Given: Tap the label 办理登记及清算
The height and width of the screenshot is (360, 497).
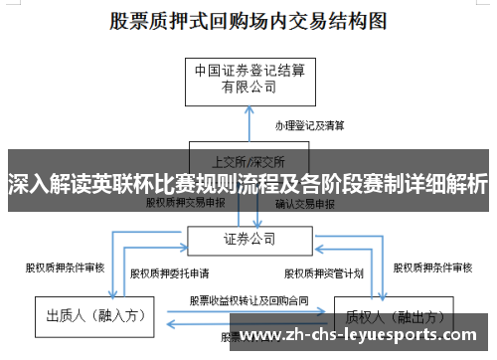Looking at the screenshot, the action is [x=310, y=126].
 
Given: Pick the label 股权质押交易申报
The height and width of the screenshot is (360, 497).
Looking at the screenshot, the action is [x=186, y=202].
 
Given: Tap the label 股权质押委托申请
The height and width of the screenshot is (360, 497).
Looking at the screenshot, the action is [x=169, y=272].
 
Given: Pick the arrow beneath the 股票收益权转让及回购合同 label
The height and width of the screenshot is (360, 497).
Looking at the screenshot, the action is [x=248, y=310].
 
